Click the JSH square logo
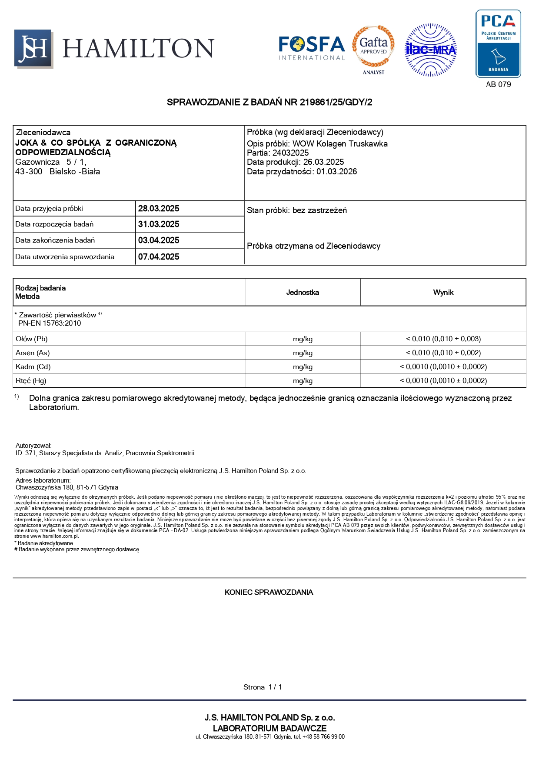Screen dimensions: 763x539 pos(33,48)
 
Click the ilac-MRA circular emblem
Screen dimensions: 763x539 pos(430,50)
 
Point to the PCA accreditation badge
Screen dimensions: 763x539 pos(498,44)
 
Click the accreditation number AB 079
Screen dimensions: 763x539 pos(498,84)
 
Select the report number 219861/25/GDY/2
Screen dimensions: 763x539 pos(336,102)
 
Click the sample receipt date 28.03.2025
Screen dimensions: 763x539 pos(159,208)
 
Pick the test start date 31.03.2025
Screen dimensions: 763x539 pos(159,224)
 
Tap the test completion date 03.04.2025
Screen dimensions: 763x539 pos(159,240)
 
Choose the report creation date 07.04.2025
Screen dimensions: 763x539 pos(159,257)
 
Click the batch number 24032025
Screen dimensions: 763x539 pos(290,153)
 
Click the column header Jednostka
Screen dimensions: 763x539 pos(303,292)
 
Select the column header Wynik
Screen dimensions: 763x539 pos(443,292)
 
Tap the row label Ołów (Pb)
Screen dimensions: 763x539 pos(32,339)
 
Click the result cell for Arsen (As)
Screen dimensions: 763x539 pos(443,353)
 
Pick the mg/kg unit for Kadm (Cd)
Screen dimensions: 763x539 pos(303,367)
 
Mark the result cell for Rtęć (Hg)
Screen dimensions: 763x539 pos(443,380)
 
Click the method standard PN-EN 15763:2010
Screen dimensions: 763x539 pos(50,323)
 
